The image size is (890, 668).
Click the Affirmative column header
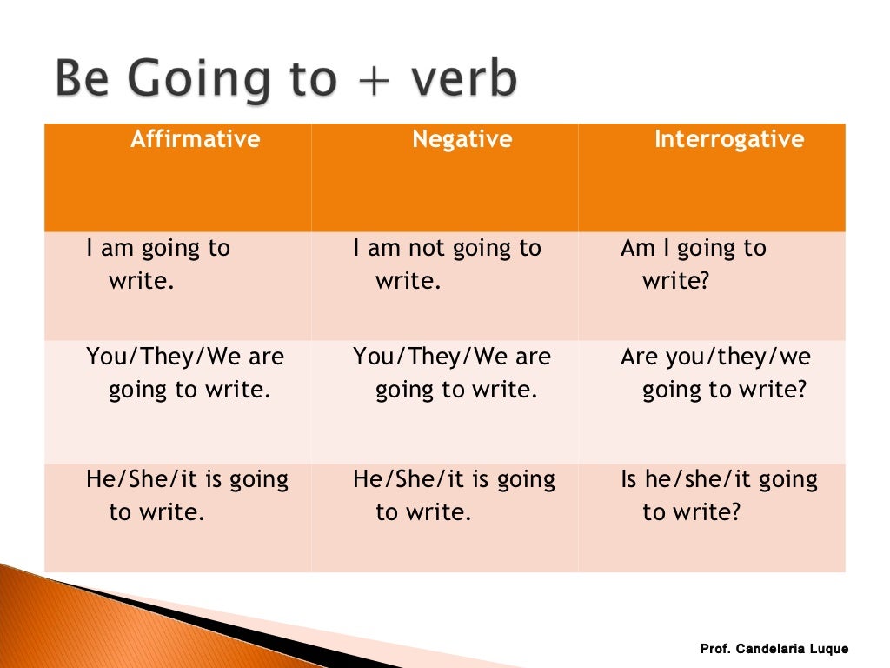[195, 139]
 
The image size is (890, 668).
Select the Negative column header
[462, 139]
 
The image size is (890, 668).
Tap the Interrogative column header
[728, 139]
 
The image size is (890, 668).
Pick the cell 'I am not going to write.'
[446, 264]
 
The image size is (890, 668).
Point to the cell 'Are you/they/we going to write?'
[715, 373]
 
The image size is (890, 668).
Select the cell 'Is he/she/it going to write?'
[719, 495]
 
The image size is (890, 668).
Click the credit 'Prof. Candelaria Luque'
[774, 649]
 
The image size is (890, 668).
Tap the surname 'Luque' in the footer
[829, 649]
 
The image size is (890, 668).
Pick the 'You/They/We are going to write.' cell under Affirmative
[184, 373]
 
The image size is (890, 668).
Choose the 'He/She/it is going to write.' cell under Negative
[453, 495]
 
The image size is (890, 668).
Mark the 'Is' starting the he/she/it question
[628, 479]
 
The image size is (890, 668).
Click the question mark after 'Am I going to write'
[704, 282]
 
